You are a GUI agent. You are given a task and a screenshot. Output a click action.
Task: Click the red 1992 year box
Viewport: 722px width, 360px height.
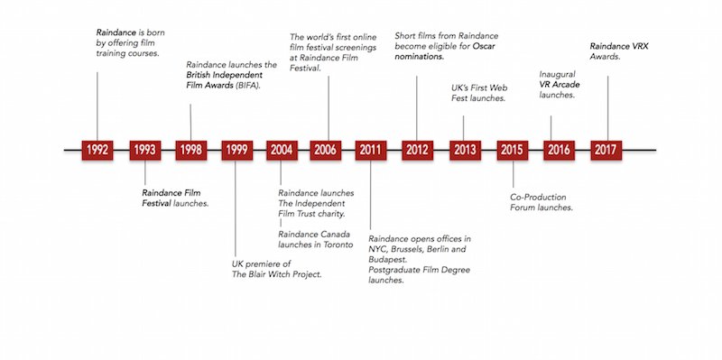(97, 150)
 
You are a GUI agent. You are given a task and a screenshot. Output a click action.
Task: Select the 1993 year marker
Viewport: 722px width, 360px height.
(145, 150)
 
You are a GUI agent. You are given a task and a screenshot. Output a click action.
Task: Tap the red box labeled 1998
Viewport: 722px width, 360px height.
(191, 150)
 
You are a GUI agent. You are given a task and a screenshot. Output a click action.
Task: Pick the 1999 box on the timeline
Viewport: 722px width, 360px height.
(237, 150)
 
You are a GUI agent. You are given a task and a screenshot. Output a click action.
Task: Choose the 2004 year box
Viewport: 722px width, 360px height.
(282, 150)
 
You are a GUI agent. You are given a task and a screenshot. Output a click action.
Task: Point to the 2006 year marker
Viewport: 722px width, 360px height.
(326, 150)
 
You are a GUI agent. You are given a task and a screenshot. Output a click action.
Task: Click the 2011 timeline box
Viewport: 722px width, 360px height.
(371, 150)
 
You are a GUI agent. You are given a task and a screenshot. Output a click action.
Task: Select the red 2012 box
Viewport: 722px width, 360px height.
(417, 150)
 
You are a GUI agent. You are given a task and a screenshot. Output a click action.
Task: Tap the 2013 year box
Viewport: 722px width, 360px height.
(465, 150)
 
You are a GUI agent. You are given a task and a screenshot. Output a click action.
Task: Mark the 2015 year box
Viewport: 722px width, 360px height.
(512, 150)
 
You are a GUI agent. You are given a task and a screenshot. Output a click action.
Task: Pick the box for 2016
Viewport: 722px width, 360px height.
(559, 150)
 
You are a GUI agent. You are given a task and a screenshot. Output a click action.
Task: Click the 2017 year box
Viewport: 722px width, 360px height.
(606, 150)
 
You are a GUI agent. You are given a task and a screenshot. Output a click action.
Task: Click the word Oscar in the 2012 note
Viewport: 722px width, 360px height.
(484, 47)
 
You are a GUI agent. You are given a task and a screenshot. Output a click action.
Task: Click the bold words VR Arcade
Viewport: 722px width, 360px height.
(560, 85)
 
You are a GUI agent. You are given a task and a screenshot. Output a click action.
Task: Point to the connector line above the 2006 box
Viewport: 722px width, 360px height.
(329, 108)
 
